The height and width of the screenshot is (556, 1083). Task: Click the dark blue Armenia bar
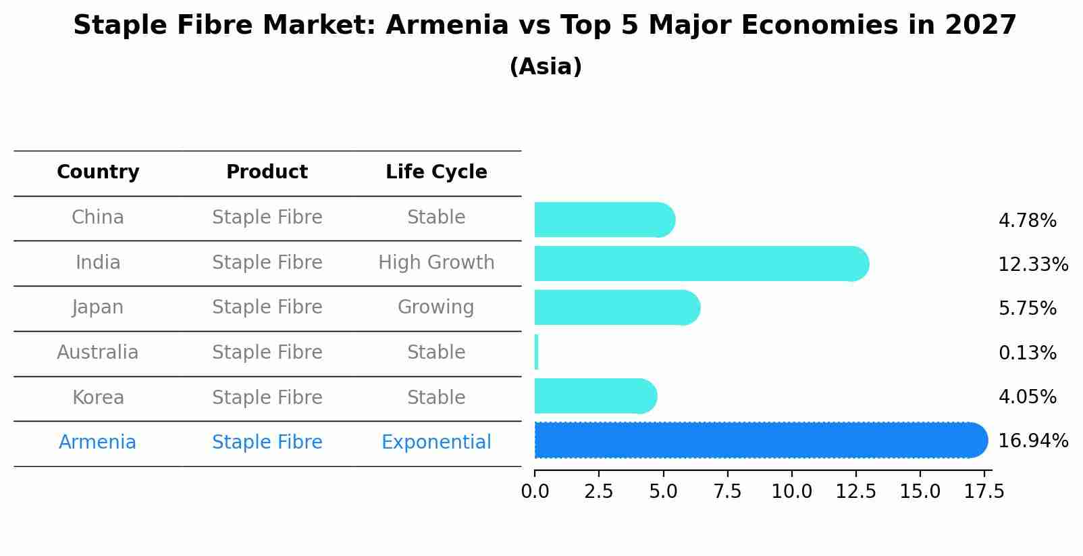coord(760,440)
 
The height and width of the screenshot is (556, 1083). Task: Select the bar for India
coord(701,263)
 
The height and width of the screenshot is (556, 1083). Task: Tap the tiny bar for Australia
coord(536,352)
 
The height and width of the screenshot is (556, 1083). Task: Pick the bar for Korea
coord(594,396)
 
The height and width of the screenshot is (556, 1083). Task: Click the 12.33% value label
coord(1032,265)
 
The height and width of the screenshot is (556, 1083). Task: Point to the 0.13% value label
coord(1027,353)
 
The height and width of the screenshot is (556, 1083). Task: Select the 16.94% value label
coord(1032,441)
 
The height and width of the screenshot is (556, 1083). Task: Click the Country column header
coord(98,172)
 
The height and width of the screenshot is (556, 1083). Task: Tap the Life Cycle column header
coord(436,172)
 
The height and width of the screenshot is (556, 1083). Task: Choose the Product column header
coord(267,172)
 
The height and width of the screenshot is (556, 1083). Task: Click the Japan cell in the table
coord(98,307)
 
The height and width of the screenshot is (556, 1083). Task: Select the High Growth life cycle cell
coord(436,263)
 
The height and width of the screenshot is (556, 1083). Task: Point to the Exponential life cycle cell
coord(436,443)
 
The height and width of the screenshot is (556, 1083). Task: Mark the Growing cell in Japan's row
coord(436,307)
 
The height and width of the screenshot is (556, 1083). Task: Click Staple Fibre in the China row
coord(267,218)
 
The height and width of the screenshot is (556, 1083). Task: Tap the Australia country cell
coord(98,353)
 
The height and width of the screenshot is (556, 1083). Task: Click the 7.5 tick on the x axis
coord(727,492)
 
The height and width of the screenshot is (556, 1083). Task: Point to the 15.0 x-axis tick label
coord(920,492)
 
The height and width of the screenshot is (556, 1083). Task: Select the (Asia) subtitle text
coord(546,67)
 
